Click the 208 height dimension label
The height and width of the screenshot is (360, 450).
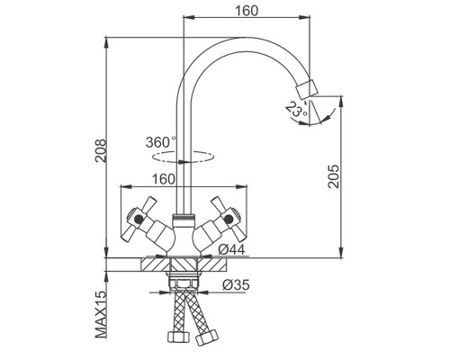click(x=101, y=150)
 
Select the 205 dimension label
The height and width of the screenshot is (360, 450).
click(x=333, y=176)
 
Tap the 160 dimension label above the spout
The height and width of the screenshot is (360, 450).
click(x=247, y=11)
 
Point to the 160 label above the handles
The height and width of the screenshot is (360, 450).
click(x=164, y=179)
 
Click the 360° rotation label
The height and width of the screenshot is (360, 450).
click(x=160, y=142)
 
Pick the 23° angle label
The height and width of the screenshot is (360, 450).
click(x=295, y=109)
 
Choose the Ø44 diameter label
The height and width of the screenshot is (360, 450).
click(x=231, y=249)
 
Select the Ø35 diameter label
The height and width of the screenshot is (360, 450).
click(x=236, y=284)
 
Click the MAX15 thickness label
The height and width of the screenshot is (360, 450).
click(x=101, y=314)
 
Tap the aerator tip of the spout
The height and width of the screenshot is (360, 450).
click(x=307, y=89)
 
